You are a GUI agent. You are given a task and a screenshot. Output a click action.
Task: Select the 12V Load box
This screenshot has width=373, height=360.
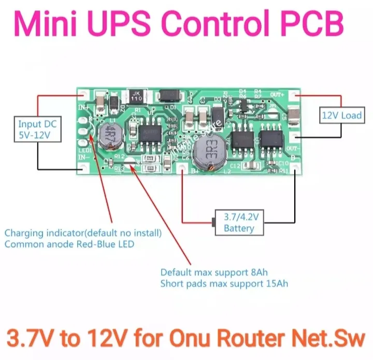(x=340, y=115)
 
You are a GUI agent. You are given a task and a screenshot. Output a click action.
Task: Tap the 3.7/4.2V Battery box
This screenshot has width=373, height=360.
(x=239, y=223)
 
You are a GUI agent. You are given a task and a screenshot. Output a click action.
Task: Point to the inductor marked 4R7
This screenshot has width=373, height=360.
(x=110, y=136)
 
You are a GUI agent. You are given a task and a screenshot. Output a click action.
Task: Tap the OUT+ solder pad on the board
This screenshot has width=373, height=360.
(x=294, y=95)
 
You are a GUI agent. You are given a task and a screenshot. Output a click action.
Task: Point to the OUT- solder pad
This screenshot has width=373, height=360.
(x=294, y=137)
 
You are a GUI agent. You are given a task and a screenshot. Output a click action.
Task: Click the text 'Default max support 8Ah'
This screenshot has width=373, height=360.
(x=213, y=272)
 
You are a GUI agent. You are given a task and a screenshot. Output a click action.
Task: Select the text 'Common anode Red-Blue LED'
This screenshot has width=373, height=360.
(x=69, y=244)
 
